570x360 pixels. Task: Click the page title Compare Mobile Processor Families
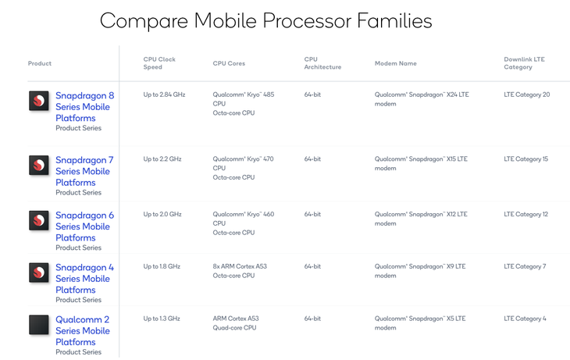(x=265, y=21)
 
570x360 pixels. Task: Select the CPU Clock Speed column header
(x=159, y=63)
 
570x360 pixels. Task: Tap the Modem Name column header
(x=396, y=63)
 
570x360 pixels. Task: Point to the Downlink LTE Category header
(x=524, y=63)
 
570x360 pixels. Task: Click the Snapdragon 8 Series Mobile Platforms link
(x=84, y=106)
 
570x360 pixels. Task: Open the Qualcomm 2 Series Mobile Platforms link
(x=83, y=330)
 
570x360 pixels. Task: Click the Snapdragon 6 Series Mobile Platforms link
(x=84, y=226)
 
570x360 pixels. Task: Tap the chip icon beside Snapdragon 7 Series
(x=39, y=165)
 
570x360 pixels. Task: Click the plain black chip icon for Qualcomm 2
(x=39, y=324)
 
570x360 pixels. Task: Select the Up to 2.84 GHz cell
(x=164, y=94)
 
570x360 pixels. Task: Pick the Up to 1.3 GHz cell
(x=162, y=319)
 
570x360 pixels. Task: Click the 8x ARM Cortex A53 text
(x=240, y=266)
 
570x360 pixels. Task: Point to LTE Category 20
(x=527, y=94)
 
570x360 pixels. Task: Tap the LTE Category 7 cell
(x=525, y=266)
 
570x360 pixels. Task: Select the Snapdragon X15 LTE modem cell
(x=421, y=163)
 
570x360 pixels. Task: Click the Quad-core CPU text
(x=234, y=328)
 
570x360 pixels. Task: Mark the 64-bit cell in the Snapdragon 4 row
(x=312, y=266)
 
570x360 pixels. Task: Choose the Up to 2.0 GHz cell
(x=162, y=214)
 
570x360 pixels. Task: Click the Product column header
(x=40, y=63)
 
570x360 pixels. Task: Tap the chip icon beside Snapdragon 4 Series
(x=39, y=273)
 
